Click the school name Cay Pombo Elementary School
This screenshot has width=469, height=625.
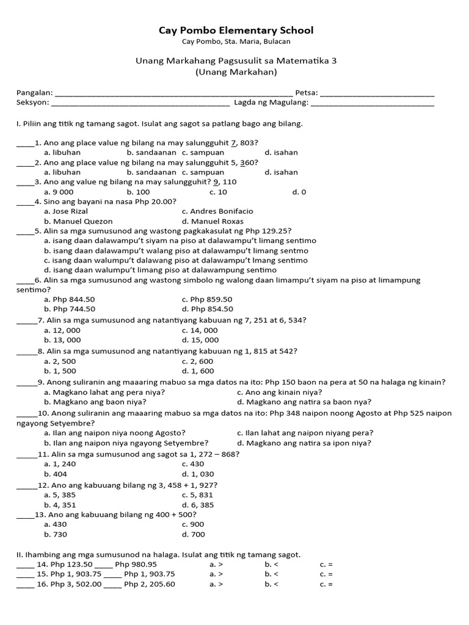pyautogui.click(x=236, y=30)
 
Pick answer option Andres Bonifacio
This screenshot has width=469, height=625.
pyautogui.click(x=217, y=211)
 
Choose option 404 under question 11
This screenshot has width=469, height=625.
pyautogui.click(x=56, y=474)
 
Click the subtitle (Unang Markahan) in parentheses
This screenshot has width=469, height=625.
pyautogui.click(x=236, y=72)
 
